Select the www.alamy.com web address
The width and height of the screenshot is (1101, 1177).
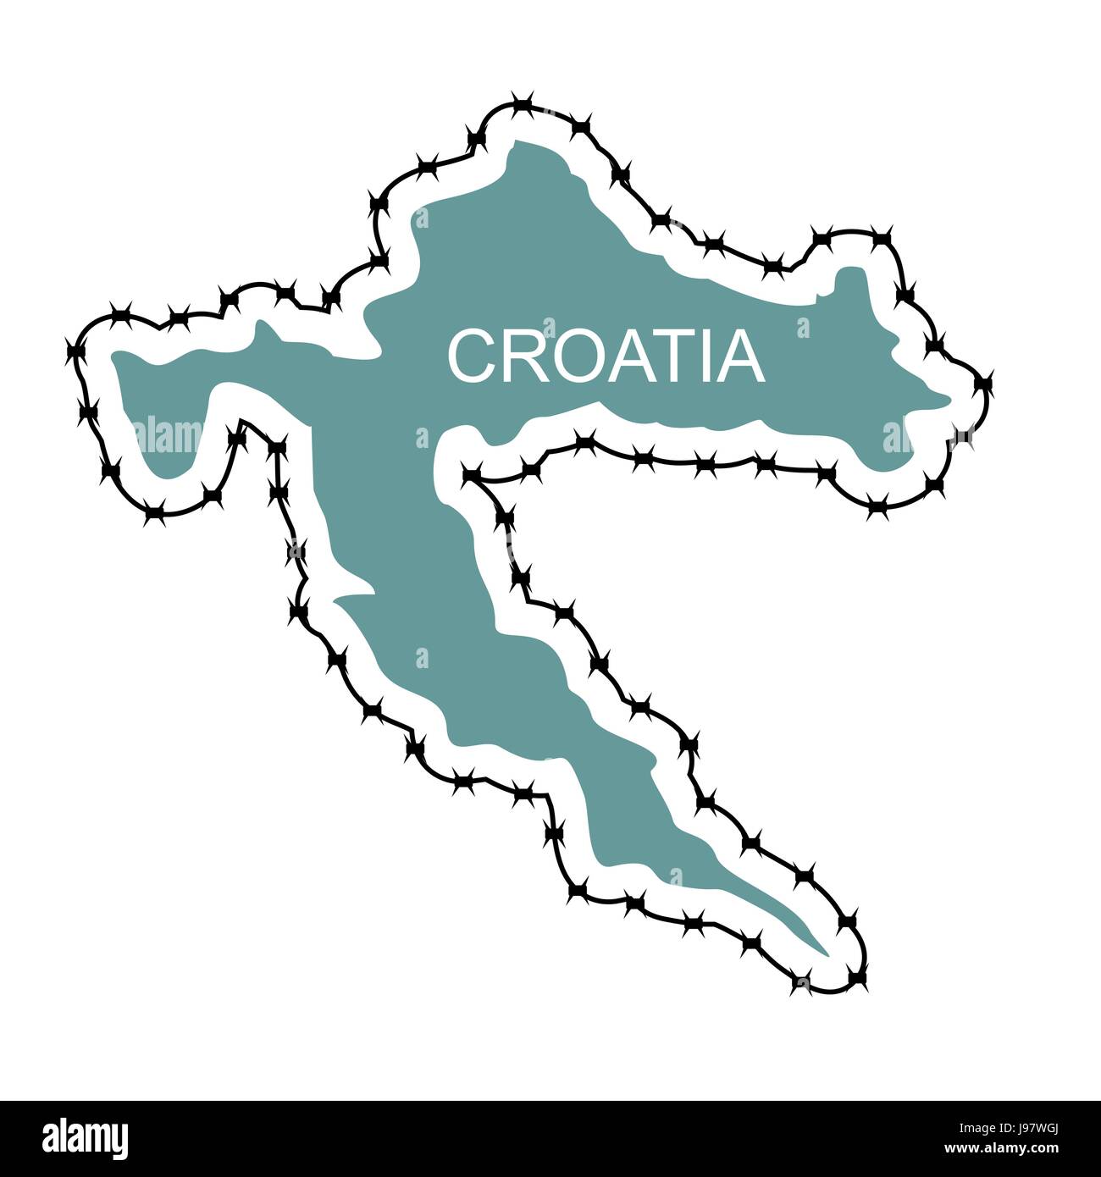tap(1000, 1149)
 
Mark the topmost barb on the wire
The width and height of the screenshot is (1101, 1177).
tap(523, 106)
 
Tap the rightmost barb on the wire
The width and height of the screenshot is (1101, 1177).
tap(983, 384)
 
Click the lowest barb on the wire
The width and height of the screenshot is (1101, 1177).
tap(801, 985)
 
